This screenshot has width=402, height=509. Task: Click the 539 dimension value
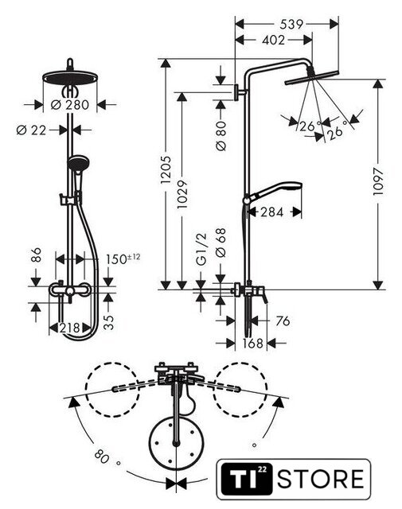pos(291,25)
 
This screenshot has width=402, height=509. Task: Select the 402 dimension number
pos(273,40)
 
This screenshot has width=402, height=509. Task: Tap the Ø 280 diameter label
pos(70,105)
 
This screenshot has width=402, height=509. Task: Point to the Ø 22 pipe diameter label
pos(32,130)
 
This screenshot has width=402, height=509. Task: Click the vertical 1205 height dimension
pos(166,169)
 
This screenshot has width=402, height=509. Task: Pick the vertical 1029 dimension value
pos(182,194)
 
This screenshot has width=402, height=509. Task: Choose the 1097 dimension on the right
pos(378,181)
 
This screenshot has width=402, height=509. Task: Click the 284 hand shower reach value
pos(272,212)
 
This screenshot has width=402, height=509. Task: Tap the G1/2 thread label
pos(202,249)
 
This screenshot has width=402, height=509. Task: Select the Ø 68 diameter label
pos(221,243)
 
